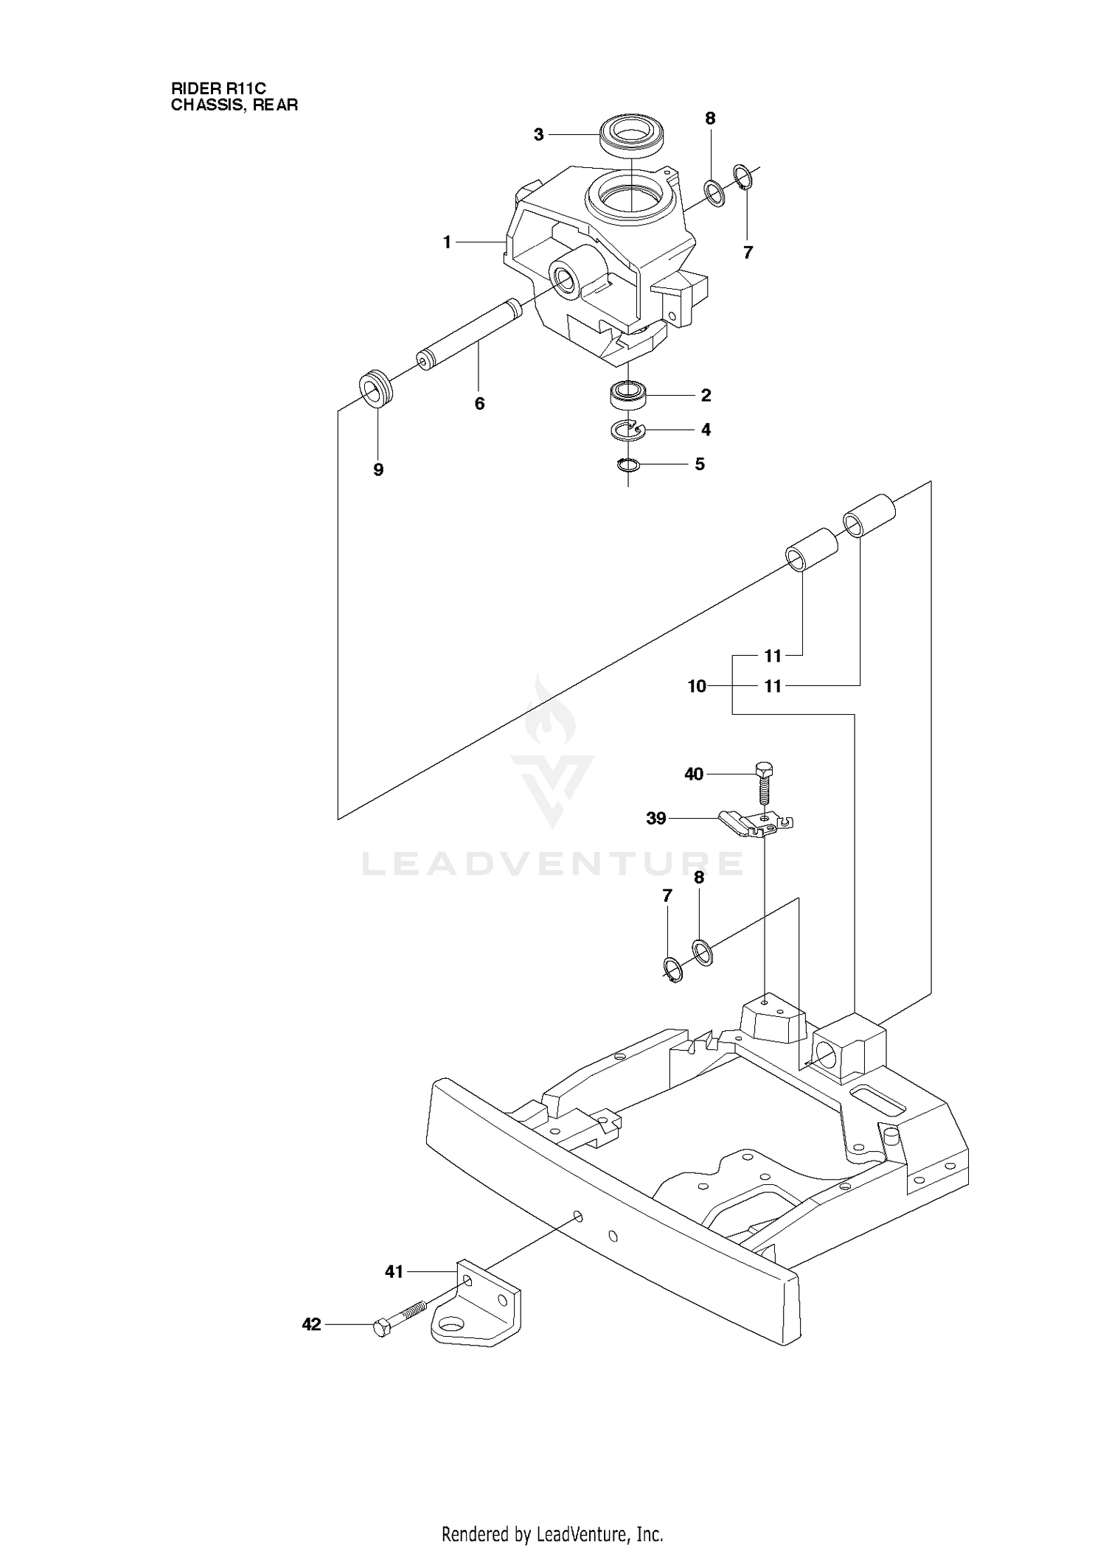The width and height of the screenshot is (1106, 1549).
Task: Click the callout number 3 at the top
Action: [538, 134]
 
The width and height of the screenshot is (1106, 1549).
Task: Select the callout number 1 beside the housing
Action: [447, 242]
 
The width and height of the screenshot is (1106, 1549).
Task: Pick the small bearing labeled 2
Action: [627, 395]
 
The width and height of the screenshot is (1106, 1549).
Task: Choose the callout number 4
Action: [706, 430]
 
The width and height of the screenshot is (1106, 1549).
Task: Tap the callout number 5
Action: [700, 464]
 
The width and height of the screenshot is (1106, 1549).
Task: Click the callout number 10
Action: [697, 686]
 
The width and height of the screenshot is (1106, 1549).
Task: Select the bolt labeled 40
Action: [764, 783]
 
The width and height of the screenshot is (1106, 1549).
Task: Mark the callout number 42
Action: [312, 1325]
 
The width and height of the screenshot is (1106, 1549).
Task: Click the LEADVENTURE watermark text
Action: [552, 863]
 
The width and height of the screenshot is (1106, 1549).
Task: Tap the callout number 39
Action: [656, 819]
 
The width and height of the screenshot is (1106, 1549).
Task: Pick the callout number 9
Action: [378, 470]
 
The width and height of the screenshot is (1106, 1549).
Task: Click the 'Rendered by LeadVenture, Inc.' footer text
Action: [552, 1510]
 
